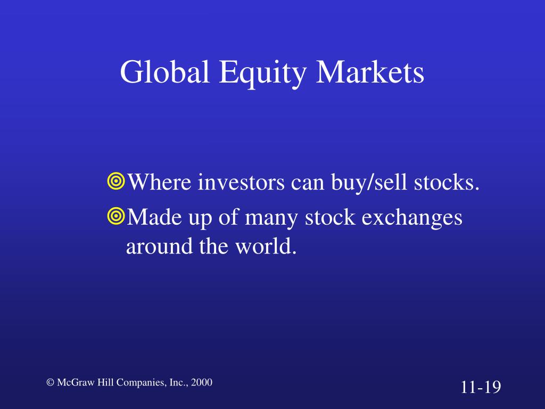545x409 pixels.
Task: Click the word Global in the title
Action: [165, 72]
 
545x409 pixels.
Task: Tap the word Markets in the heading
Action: [370, 72]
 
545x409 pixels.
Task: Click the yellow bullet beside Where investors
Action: [115, 181]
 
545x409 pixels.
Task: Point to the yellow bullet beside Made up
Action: [115, 216]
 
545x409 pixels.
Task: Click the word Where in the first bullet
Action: [160, 182]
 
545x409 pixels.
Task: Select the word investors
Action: [241, 182]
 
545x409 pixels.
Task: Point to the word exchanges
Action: [412, 218]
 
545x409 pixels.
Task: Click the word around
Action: [160, 246]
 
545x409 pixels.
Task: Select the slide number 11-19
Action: [481, 387]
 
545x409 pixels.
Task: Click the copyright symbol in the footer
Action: [51, 382]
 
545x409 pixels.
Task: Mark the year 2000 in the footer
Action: [202, 382]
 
